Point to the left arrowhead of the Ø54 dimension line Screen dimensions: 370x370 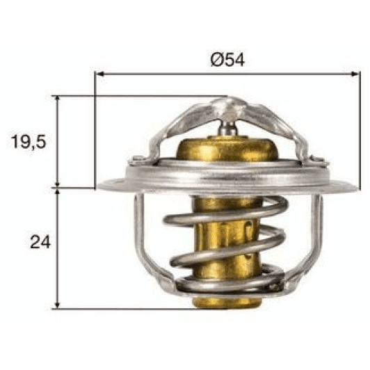(x=98, y=72)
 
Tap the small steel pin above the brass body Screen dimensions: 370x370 (x=227, y=128)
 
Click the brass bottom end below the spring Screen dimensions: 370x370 (x=226, y=300)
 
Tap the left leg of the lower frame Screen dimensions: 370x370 (x=139, y=236)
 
